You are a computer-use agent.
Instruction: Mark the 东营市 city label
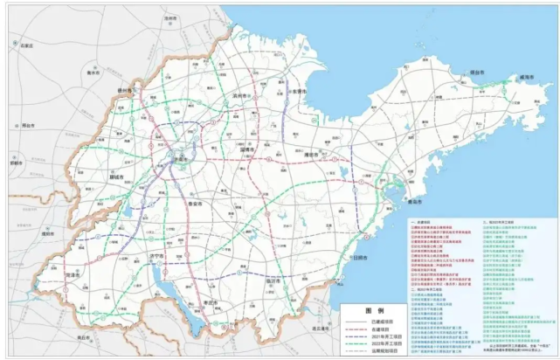point(299,91)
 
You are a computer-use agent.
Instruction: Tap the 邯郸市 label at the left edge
point(16,163)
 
